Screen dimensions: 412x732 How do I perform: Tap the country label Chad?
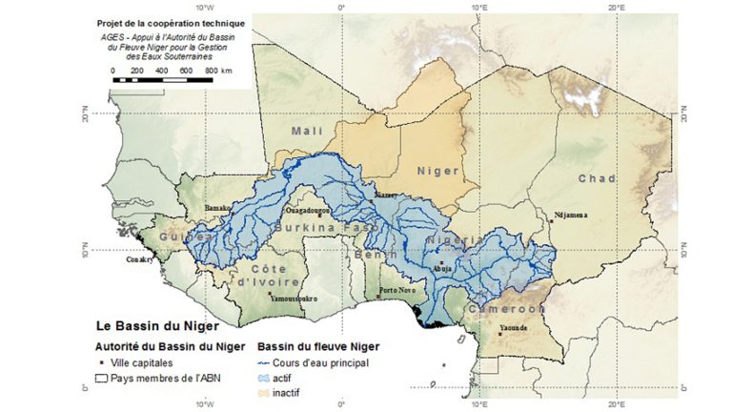[x=597, y=178]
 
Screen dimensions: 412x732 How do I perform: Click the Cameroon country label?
[x=505, y=309]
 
